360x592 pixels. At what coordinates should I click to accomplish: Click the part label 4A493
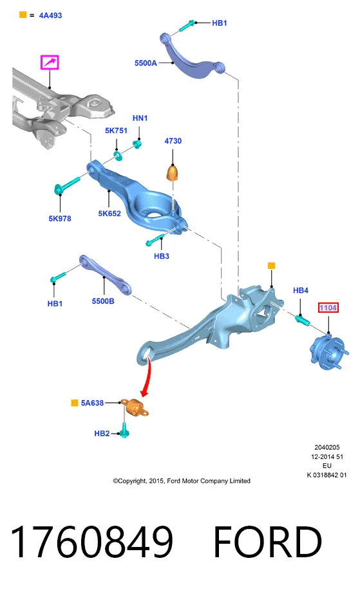tap(50, 15)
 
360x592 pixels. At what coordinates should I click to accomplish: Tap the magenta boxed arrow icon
tap(50, 62)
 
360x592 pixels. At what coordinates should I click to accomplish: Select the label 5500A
tap(146, 63)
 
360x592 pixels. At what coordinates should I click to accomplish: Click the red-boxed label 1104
tap(328, 308)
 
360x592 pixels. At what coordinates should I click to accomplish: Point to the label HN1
tap(140, 118)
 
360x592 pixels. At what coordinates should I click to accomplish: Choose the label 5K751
tap(116, 131)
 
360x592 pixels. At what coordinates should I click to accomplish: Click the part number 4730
tap(173, 141)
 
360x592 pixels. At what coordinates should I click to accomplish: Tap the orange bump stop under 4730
tap(172, 173)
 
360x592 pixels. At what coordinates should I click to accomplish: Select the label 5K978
tap(60, 219)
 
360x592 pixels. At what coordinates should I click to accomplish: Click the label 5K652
tap(109, 214)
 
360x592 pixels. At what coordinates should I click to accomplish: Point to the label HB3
tap(161, 256)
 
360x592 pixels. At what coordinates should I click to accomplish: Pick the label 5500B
tap(103, 301)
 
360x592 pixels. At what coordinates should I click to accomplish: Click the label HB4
tap(301, 290)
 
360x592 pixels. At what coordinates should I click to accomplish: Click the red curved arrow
tap(147, 378)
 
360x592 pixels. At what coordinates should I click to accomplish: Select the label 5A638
tap(92, 403)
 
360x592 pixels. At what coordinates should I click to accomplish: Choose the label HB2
tap(102, 434)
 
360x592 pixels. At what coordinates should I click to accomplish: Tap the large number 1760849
tap(92, 541)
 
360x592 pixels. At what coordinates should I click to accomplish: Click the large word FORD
tap(267, 541)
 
